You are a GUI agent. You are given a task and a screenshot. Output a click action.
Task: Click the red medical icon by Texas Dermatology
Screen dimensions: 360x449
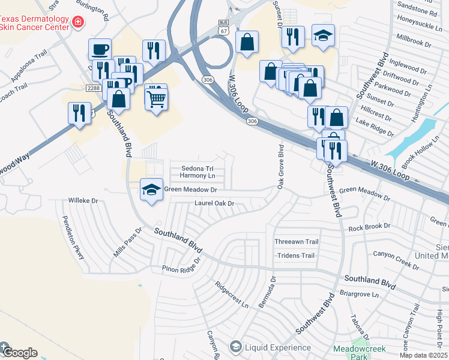[77, 22]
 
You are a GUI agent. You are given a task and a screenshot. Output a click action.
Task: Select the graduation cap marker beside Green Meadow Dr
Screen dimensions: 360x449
[151, 190]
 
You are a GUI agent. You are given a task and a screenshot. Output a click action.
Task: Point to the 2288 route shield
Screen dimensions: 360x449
[92, 88]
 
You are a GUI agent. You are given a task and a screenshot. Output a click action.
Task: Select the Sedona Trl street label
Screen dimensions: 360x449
[197, 169]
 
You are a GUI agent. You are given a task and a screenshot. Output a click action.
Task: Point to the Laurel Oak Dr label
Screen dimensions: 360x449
[213, 204]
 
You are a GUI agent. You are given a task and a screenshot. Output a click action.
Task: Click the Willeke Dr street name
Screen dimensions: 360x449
[83, 200]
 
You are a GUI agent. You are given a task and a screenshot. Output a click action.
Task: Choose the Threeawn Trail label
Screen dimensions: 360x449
[296, 242]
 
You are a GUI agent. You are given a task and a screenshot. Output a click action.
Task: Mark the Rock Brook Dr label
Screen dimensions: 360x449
[365, 227]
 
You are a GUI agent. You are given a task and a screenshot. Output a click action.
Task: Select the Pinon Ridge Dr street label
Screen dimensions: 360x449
[180, 268]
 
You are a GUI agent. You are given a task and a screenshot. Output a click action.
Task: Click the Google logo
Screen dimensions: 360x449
[19, 352]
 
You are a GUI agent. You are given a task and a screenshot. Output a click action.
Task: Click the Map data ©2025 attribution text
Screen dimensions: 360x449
[424, 355]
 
